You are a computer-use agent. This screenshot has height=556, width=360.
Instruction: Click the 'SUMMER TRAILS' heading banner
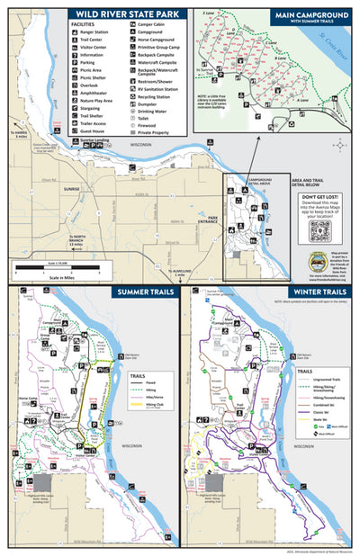139,292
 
